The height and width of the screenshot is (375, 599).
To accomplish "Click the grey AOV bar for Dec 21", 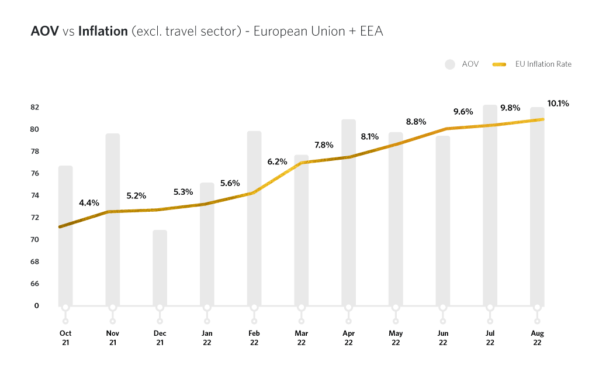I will (x=160, y=269).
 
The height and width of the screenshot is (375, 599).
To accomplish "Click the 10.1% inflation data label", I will (x=558, y=104).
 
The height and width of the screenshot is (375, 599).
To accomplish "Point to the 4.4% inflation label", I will (x=89, y=203).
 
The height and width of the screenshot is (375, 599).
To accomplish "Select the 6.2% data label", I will (x=278, y=161).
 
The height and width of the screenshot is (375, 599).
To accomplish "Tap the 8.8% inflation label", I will (x=416, y=122).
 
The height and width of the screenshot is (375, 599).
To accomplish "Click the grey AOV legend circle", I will (x=449, y=64).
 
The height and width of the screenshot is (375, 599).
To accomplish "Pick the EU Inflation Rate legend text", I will (x=543, y=64).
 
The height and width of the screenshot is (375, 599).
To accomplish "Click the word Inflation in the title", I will (x=103, y=32).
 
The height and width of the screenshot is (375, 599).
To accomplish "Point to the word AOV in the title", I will (x=44, y=32).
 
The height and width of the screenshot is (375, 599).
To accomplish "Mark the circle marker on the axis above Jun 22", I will (x=443, y=307).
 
